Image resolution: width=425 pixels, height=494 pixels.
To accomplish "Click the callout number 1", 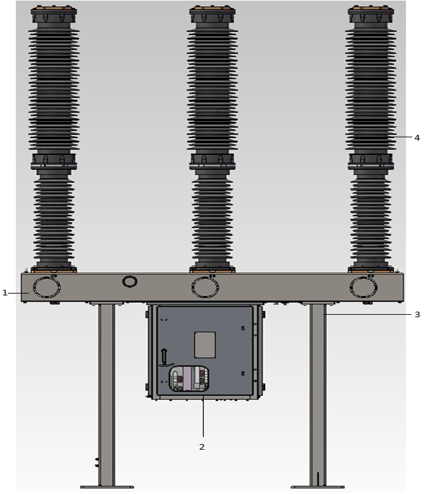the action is pyautogui.click(x=4, y=293).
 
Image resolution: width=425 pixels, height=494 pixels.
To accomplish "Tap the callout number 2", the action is pyautogui.click(x=202, y=447).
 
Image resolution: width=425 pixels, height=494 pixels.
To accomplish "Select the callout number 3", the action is pyautogui.click(x=417, y=314).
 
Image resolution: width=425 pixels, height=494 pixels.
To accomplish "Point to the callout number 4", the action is pyautogui.click(x=417, y=137).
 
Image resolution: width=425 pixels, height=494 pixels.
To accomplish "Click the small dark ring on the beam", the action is pyautogui.click(x=129, y=281).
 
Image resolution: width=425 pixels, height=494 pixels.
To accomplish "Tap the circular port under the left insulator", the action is pyautogui.click(x=47, y=287).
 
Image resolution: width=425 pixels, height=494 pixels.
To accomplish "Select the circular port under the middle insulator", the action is pyautogui.click(x=205, y=287).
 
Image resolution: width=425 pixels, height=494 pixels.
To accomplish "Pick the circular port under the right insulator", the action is pyautogui.click(x=364, y=287).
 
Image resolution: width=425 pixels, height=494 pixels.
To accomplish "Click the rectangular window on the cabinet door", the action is pyautogui.click(x=205, y=345).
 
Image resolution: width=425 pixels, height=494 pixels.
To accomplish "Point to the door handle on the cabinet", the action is pyautogui.click(x=164, y=358).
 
